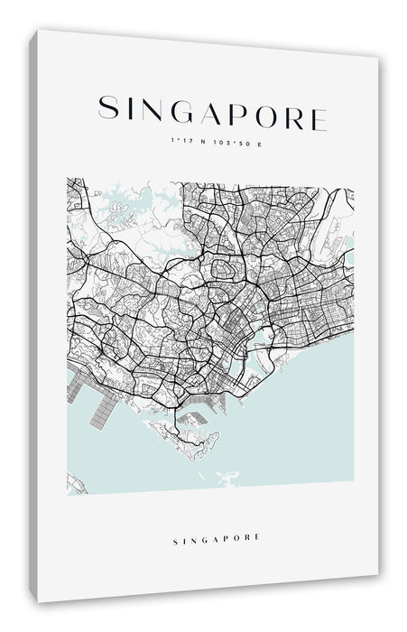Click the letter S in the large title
(107, 109)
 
